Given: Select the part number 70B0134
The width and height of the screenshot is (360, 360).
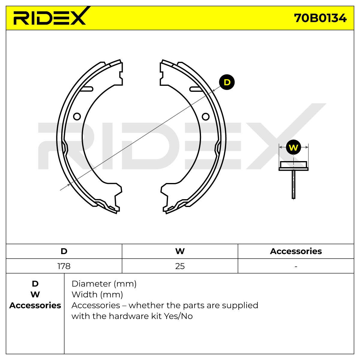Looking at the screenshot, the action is click(x=320, y=18).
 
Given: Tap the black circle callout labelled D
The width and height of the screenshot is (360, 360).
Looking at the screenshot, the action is click(x=227, y=82).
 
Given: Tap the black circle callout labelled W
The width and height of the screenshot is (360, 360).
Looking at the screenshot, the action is click(x=293, y=147).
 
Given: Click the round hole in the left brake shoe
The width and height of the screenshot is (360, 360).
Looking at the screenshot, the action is click(x=77, y=117).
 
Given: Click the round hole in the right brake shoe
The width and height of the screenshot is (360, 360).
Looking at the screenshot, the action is click(x=206, y=117).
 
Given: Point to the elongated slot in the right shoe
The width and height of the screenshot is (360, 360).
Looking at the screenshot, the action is click(x=196, y=89).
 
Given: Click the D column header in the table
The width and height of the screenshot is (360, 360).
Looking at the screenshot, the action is click(x=64, y=251).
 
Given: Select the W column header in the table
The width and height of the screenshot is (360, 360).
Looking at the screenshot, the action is click(x=180, y=251).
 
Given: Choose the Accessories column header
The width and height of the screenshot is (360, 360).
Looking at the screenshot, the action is click(x=296, y=251).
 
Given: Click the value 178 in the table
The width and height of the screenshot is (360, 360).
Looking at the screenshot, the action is click(x=64, y=266).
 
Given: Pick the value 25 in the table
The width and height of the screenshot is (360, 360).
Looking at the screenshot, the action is click(x=180, y=266).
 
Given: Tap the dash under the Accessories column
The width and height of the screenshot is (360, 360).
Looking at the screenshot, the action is click(x=296, y=266).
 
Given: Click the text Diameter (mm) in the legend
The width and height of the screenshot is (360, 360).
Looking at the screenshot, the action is click(x=104, y=284).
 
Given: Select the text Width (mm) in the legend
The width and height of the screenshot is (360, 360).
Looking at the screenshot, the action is click(x=97, y=295).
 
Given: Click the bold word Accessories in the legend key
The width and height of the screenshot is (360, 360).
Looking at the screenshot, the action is click(x=35, y=306).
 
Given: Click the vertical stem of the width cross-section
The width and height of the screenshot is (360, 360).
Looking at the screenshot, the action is click(x=293, y=184).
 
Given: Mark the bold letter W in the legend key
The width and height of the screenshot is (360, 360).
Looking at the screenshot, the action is click(x=35, y=295).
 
